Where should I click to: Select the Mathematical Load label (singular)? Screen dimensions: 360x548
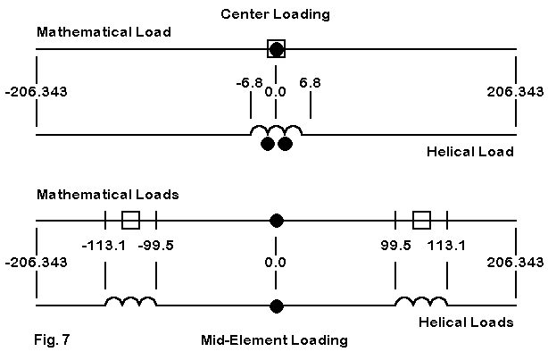[x=104, y=32]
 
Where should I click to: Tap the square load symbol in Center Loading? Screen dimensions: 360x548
[x=277, y=49]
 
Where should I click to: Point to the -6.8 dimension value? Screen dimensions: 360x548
[x=249, y=83]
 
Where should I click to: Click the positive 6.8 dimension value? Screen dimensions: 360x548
[x=310, y=83]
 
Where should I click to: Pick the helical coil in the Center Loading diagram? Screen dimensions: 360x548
[x=276, y=132]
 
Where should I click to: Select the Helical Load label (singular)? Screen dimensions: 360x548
[x=470, y=151]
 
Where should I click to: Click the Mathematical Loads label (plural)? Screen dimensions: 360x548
[x=108, y=194]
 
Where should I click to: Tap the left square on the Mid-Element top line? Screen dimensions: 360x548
[x=130, y=220]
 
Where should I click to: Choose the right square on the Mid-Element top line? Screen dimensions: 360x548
[x=422, y=220]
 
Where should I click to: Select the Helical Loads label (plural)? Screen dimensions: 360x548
[x=468, y=322]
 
